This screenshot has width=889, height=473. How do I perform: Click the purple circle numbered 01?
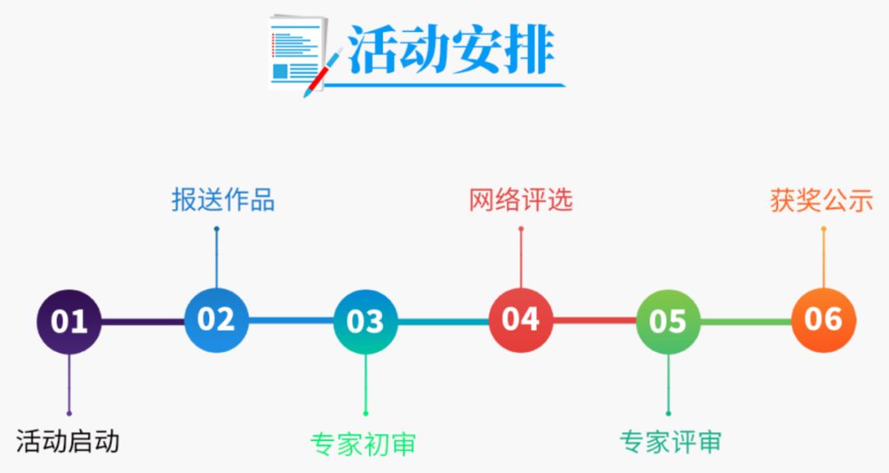click(x=69, y=321)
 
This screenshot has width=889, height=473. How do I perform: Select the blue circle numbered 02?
click(x=216, y=319)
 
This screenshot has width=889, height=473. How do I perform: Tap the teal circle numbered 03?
click(x=365, y=321)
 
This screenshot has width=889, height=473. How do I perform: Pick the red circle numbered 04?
click(x=521, y=319)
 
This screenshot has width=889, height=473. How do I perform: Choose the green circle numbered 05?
click(x=668, y=321)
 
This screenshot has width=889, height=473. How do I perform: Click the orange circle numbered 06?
click(x=824, y=319)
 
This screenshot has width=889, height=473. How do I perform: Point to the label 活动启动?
click(x=67, y=441)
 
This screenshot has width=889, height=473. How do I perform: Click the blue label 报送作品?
click(x=223, y=200)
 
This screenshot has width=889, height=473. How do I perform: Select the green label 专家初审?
click(x=364, y=444)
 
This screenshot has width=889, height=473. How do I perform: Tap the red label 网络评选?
click(x=520, y=200)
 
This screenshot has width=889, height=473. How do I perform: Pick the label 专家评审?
click(x=671, y=442)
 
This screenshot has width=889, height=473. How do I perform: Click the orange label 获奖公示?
click(x=822, y=201)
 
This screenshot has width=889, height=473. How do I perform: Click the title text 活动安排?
click(x=451, y=50)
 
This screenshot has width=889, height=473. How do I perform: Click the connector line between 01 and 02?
click(x=143, y=322)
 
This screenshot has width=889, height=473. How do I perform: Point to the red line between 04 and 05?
click(x=595, y=321)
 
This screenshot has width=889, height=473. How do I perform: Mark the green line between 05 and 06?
click(x=746, y=322)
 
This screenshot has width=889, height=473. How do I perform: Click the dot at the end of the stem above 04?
click(x=521, y=229)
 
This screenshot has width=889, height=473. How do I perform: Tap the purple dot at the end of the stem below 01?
click(x=69, y=414)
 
